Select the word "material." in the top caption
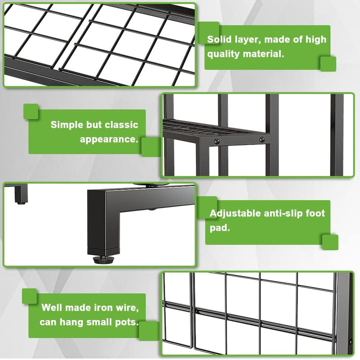(x=263, y=54)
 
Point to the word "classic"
(x=121, y=124)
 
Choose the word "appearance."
(x=109, y=139)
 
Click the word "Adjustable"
(x=235, y=214)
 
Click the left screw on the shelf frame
(x=216, y=141)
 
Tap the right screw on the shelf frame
(x=261, y=139)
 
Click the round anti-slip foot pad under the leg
(x=104, y=259)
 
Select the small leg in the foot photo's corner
(x=21, y=193)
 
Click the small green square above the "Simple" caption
(x=31, y=111)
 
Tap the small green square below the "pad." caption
(x=330, y=242)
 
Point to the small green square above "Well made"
(x=29, y=296)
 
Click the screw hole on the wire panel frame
(x=350, y=342)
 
